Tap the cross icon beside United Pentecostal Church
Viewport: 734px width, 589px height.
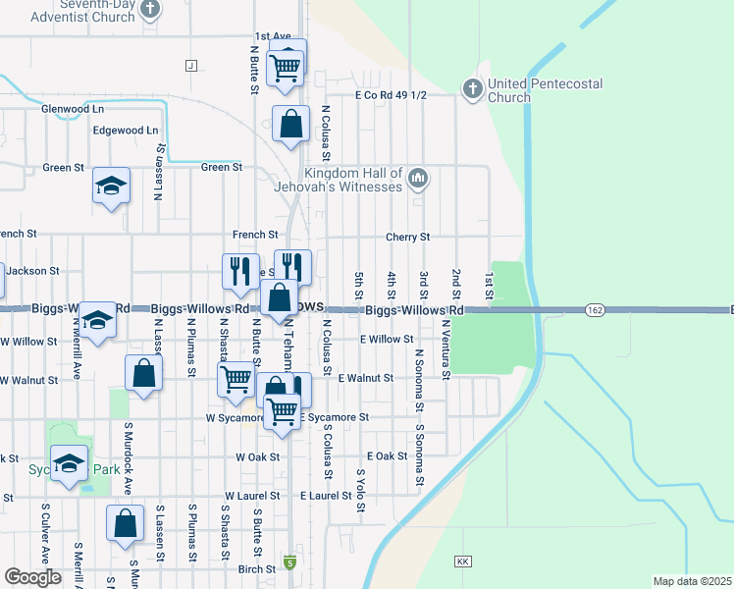472,90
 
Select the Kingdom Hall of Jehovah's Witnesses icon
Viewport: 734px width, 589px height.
418,179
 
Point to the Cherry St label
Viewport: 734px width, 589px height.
408,238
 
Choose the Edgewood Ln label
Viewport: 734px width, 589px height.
125,131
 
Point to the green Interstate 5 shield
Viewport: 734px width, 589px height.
289,562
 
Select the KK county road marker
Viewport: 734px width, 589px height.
462,562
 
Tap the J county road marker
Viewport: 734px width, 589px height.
190,66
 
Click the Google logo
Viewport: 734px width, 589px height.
32,577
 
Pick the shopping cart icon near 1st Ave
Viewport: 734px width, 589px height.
286,66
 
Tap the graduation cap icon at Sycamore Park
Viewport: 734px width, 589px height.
70,464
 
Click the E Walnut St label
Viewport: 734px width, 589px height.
365,378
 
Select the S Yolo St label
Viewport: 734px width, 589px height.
360,488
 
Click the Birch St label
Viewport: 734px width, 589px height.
256,568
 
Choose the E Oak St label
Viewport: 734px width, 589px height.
387,456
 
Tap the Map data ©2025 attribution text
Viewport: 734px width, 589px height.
691,581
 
